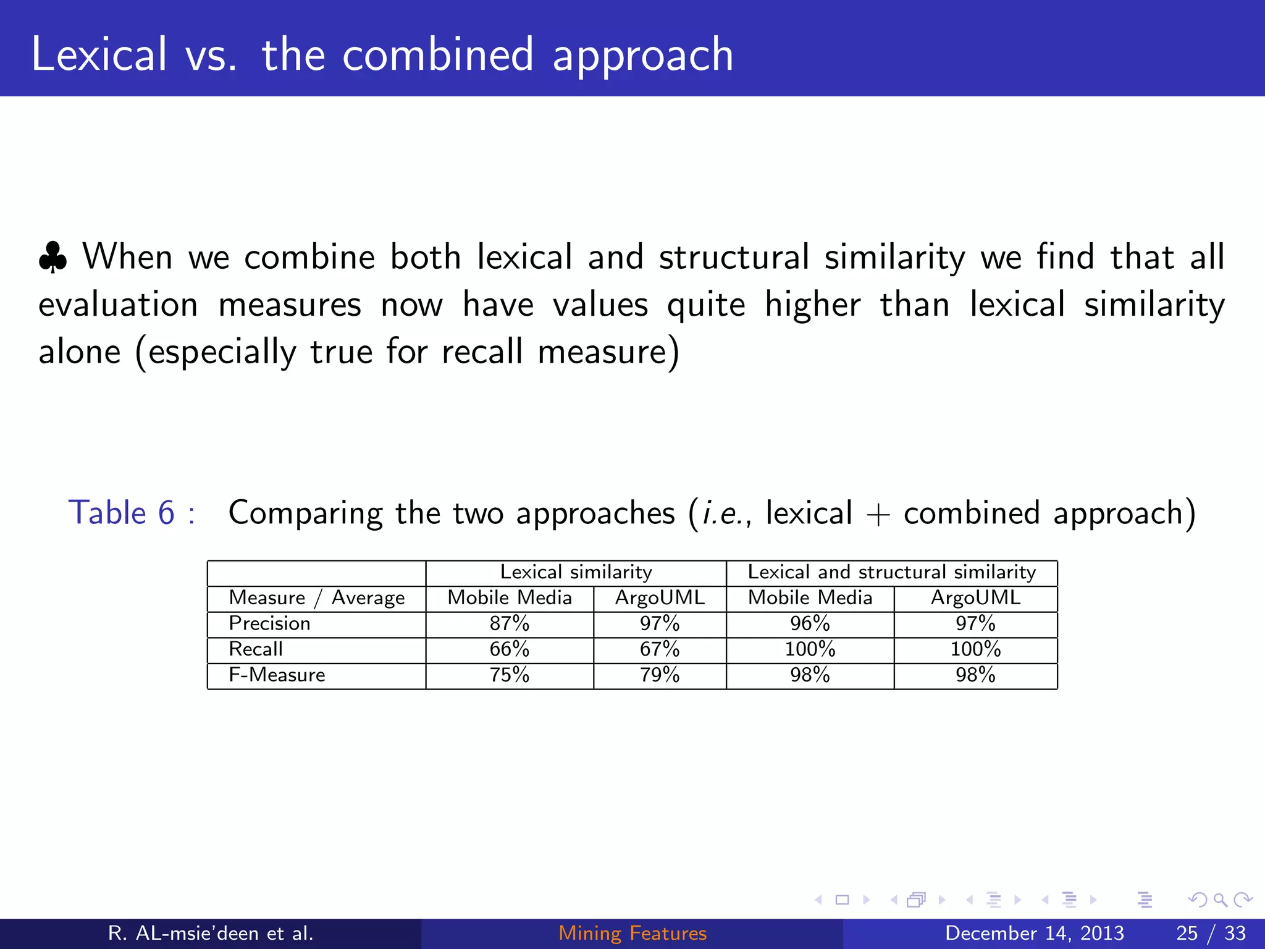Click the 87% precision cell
(509, 623)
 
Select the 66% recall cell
(509, 649)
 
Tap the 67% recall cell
(659, 649)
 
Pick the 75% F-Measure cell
(509, 675)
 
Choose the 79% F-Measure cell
(659, 675)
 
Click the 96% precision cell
(810, 623)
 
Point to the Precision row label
(269, 623)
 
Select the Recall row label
(256, 649)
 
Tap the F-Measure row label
(277, 675)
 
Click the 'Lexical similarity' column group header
(576, 572)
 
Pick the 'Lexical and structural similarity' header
(891, 572)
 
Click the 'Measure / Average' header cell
(316, 598)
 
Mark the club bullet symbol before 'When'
(53, 258)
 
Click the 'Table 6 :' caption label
(132, 513)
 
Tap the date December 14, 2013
(1034, 933)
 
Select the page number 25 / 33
(1211, 933)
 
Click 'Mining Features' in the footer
(632, 933)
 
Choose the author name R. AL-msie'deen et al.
(211, 933)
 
